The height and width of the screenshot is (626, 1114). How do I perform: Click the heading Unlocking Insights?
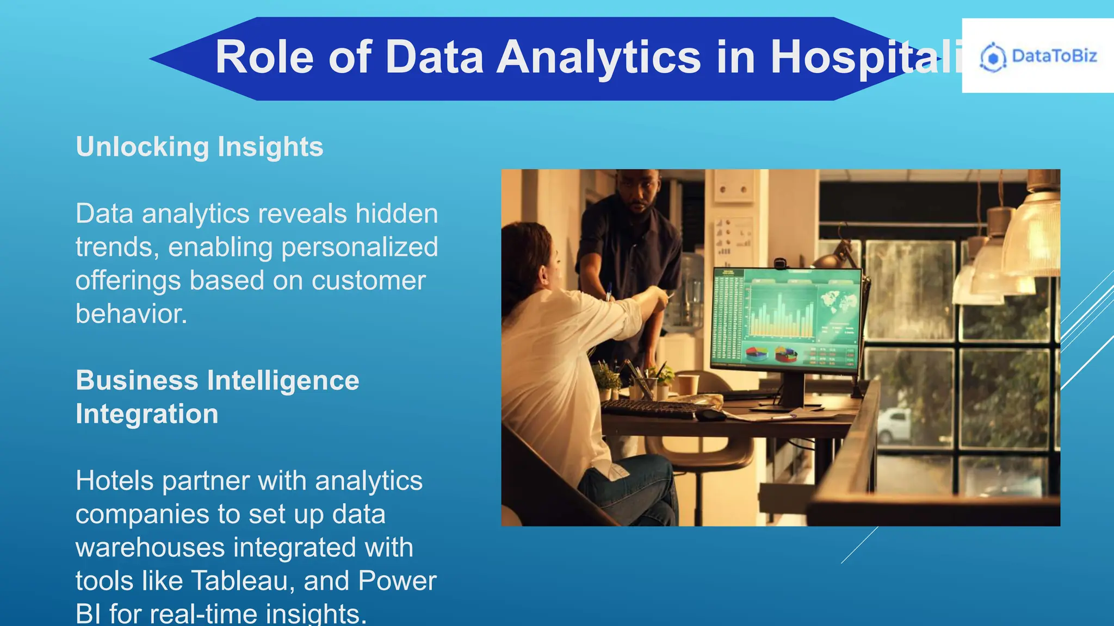pyautogui.click(x=199, y=147)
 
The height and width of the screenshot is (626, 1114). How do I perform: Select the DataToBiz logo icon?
pyautogui.click(x=993, y=57)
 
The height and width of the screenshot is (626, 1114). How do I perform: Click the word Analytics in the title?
pyautogui.click(x=599, y=57)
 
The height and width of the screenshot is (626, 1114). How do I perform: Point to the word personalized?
pyautogui.click(x=360, y=247)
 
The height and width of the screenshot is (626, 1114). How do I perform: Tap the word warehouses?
pyautogui.click(x=150, y=547)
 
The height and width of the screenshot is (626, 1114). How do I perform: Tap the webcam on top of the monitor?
pyautogui.click(x=780, y=264)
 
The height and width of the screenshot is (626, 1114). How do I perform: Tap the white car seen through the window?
pyautogui.click(x=893, y=424)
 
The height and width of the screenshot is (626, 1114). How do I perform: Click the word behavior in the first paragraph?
pyautogui.click(x=131, y=314)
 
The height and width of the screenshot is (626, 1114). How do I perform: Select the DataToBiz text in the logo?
pyautogui.click(x=1054, y=56)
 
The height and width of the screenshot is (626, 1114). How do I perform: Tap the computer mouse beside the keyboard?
pyautogui.click(x=710, y=415)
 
